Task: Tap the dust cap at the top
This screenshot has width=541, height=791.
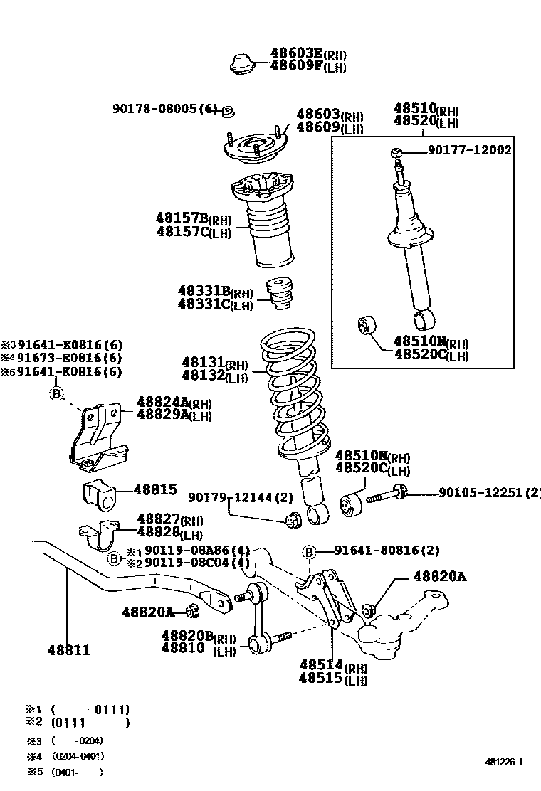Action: pos(244,63)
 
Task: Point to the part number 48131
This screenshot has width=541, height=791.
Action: pos(203,363)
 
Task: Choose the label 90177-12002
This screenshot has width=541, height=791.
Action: pos(469,149)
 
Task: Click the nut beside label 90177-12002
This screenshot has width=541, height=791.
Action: pos(397,152)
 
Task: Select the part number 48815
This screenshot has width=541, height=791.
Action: pos(155,489)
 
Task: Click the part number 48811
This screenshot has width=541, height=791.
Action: pos(69,650)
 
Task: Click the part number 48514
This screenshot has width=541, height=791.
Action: pos(322,664)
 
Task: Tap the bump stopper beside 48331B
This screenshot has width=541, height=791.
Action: pos(280,294)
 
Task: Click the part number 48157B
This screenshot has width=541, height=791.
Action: pos(182,217)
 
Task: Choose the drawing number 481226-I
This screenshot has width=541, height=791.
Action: pos(503,762)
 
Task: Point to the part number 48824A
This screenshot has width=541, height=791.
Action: pos(162,402)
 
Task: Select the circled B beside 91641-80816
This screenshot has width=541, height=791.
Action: pos(309,551)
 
